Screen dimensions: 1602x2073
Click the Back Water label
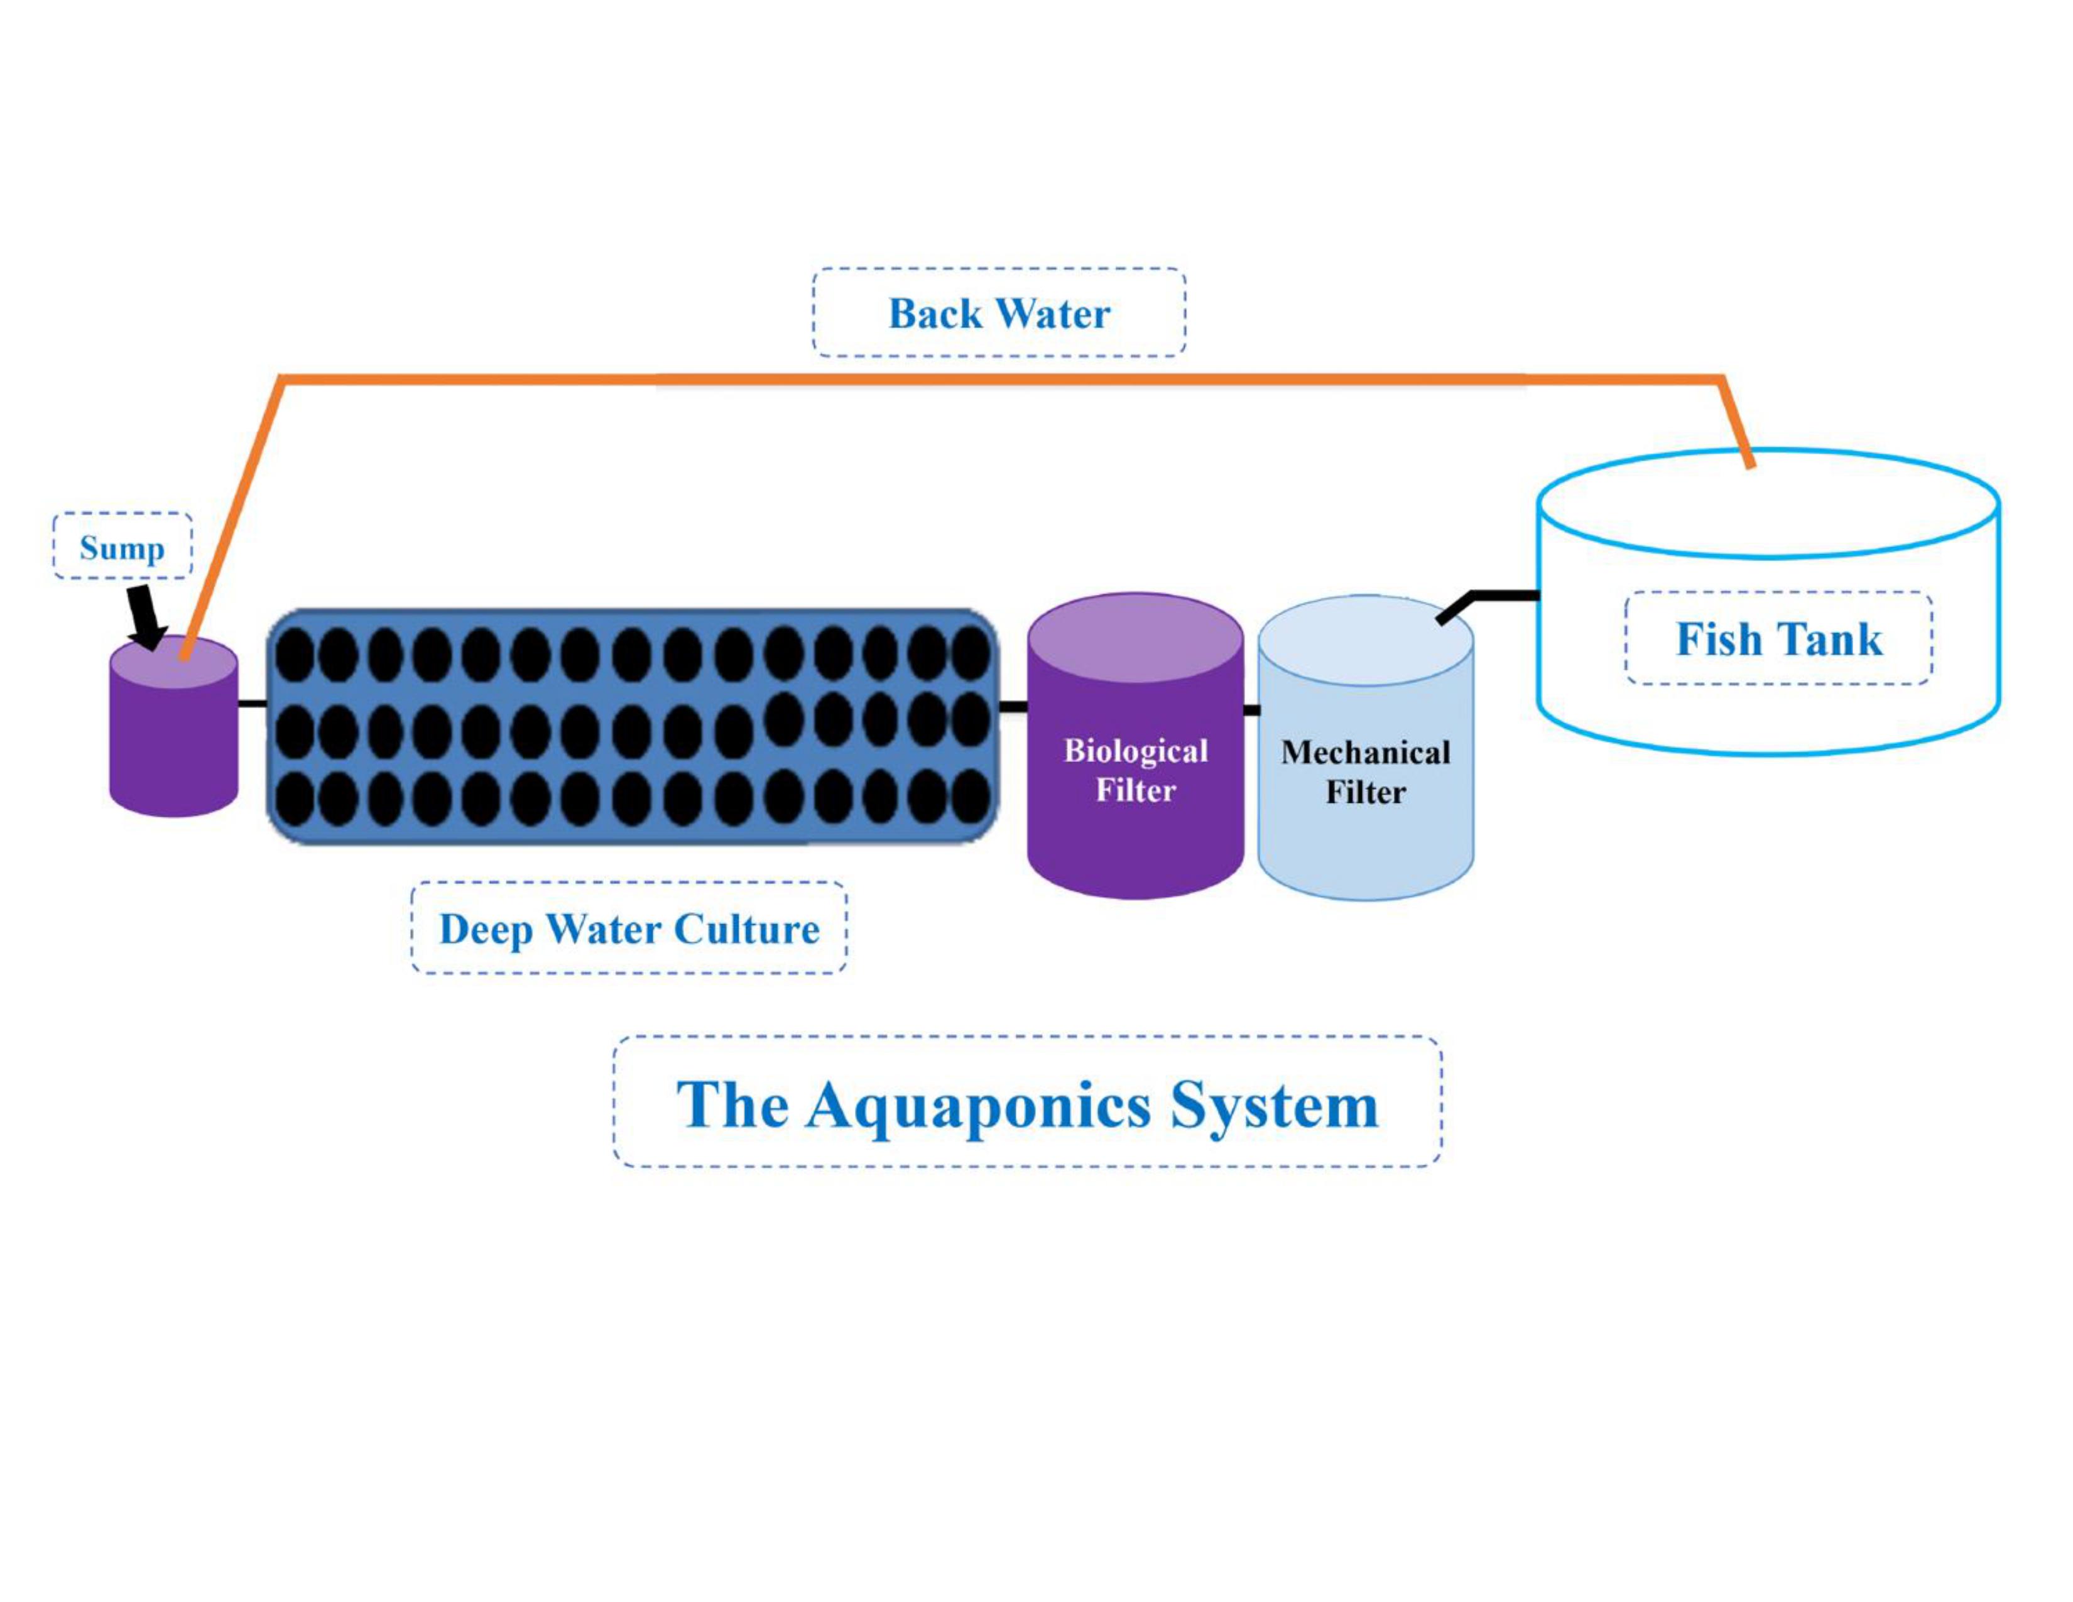point(999,313)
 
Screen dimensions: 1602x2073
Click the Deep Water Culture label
point(628,928)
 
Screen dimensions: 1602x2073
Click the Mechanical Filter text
point(1365,771)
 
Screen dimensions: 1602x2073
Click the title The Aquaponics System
point(1027,1104)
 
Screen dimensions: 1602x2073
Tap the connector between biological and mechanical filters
point(1251,710)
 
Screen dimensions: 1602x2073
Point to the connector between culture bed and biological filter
point(1013,706)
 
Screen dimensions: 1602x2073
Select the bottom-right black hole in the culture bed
point(970,795)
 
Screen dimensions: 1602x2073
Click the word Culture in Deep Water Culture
point(746,928)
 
